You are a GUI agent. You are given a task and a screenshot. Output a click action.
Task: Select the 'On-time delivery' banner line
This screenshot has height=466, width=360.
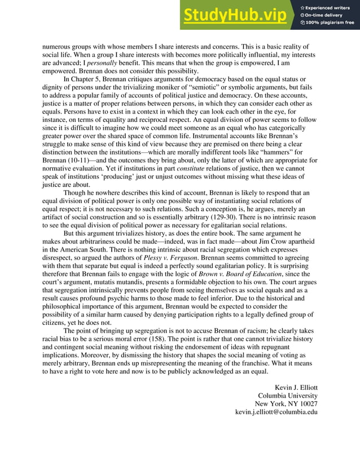pos(326,15)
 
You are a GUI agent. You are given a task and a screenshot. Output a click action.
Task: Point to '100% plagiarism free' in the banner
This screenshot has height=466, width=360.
pos(330,23)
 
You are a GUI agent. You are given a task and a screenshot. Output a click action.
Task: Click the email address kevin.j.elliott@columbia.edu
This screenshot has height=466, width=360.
pos(276,411)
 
